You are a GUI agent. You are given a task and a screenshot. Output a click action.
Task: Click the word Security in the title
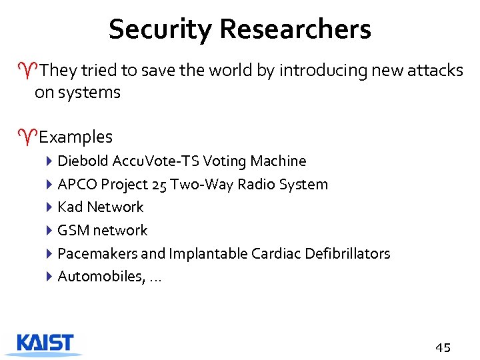tap(160, 29)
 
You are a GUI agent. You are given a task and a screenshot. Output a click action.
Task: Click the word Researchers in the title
tap(295, 29)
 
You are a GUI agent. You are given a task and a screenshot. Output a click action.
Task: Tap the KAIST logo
tap(46, 343)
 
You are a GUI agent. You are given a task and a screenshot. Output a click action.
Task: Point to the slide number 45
tap(443, 347)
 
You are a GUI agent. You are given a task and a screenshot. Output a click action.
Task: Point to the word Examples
tap(75, 137)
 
